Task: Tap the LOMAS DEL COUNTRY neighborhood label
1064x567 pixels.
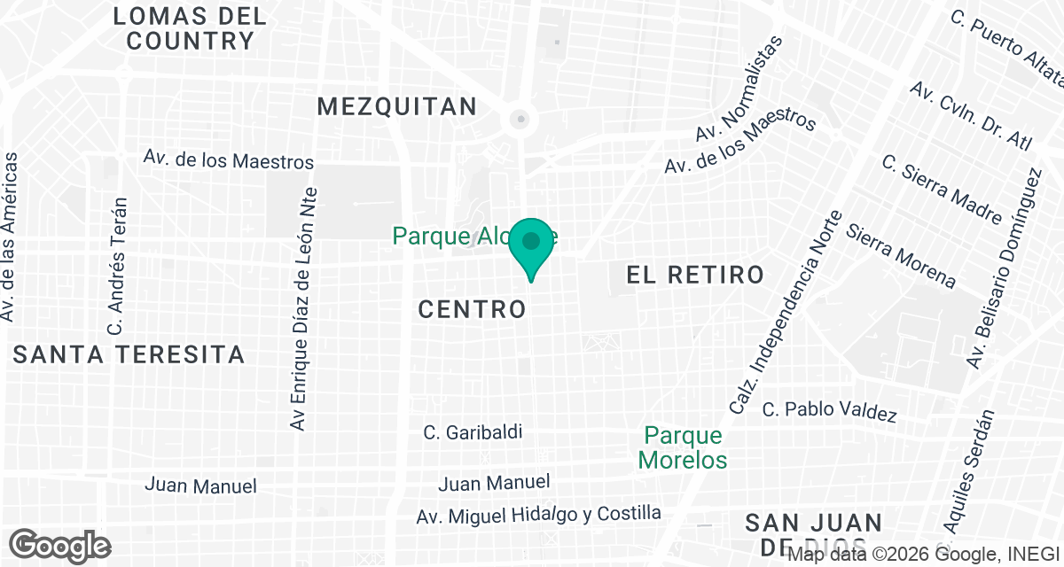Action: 191,28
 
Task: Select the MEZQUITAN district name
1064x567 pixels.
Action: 397,107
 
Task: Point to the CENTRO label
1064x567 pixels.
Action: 472,309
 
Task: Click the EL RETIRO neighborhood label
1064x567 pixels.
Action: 695,275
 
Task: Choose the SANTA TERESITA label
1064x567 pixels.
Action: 129,355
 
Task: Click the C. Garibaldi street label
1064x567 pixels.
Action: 473,432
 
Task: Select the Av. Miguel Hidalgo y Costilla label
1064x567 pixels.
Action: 539,515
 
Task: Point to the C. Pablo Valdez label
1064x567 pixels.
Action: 830,412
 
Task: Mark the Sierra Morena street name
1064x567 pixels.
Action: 901,256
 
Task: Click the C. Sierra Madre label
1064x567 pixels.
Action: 943,190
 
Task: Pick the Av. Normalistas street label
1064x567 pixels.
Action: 739,89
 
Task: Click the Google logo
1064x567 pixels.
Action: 60,545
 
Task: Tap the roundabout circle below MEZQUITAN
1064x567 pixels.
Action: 521,118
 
